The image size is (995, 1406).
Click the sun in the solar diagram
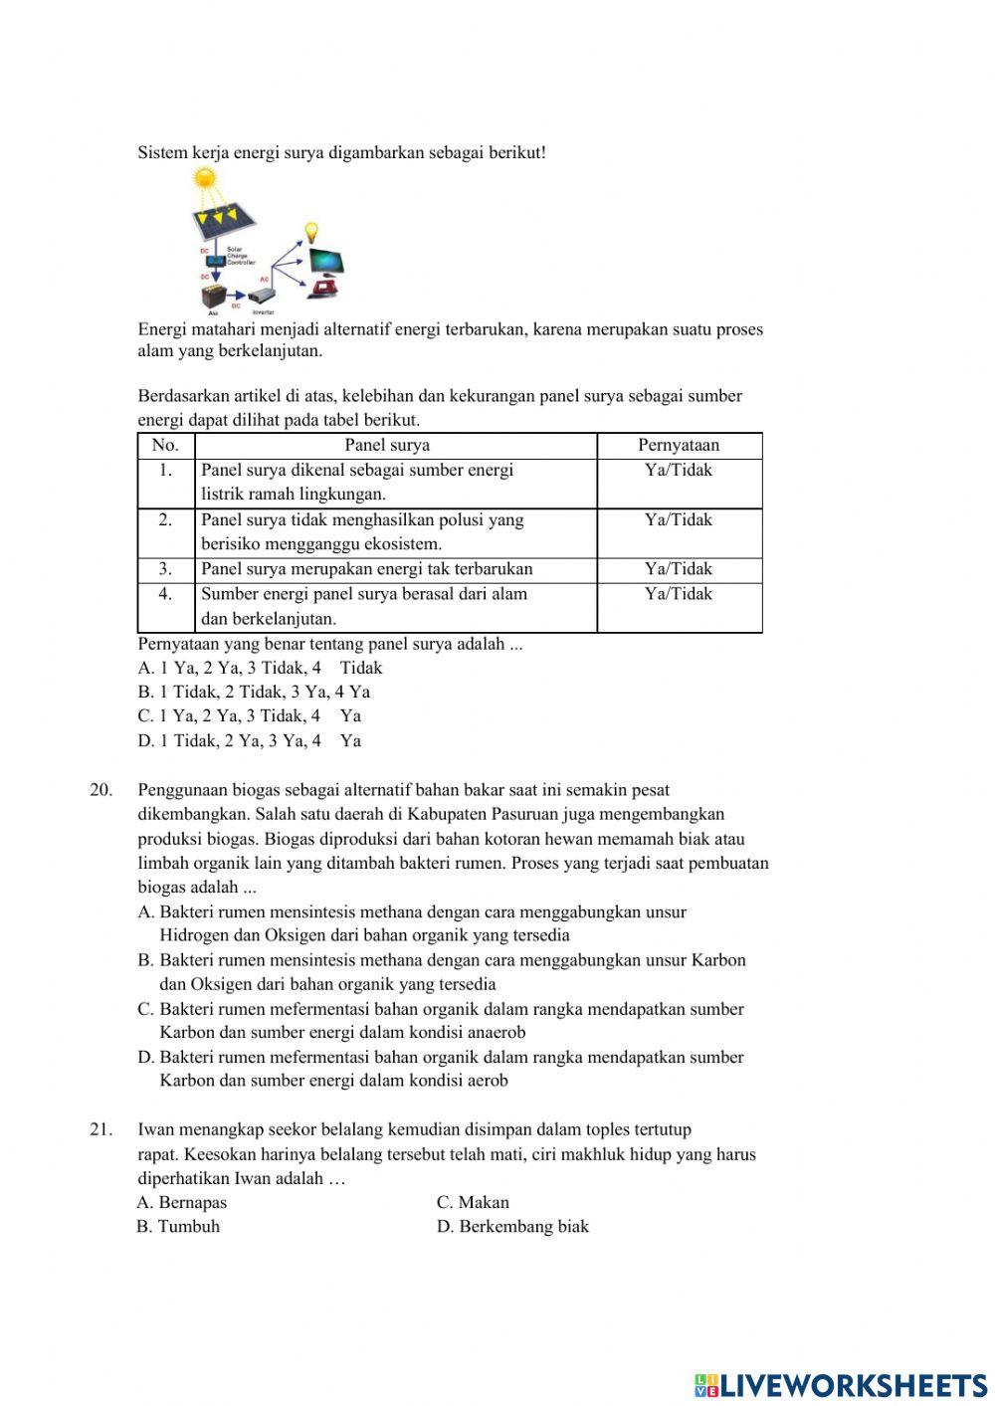point(204,179)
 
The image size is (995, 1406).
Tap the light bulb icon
point(310,233)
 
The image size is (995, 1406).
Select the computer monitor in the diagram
point(327,263)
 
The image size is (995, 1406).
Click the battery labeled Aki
point(213,297)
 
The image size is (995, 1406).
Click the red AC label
point(265,280)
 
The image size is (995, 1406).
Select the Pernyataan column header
point(679,445)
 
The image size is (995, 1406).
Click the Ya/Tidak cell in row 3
point(679,569)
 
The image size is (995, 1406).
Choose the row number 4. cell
point(165,594)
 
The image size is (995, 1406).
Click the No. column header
point(165,445)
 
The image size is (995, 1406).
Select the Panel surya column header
point(387,445)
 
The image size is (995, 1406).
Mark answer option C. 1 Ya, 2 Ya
point(249,715)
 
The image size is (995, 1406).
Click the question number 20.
point(100,790)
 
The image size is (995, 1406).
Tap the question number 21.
point(100,1129)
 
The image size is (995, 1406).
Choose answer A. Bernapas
point(182,1202)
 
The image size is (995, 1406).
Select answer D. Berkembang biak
point(512,1226)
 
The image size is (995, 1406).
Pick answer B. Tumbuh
point(178,1226)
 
